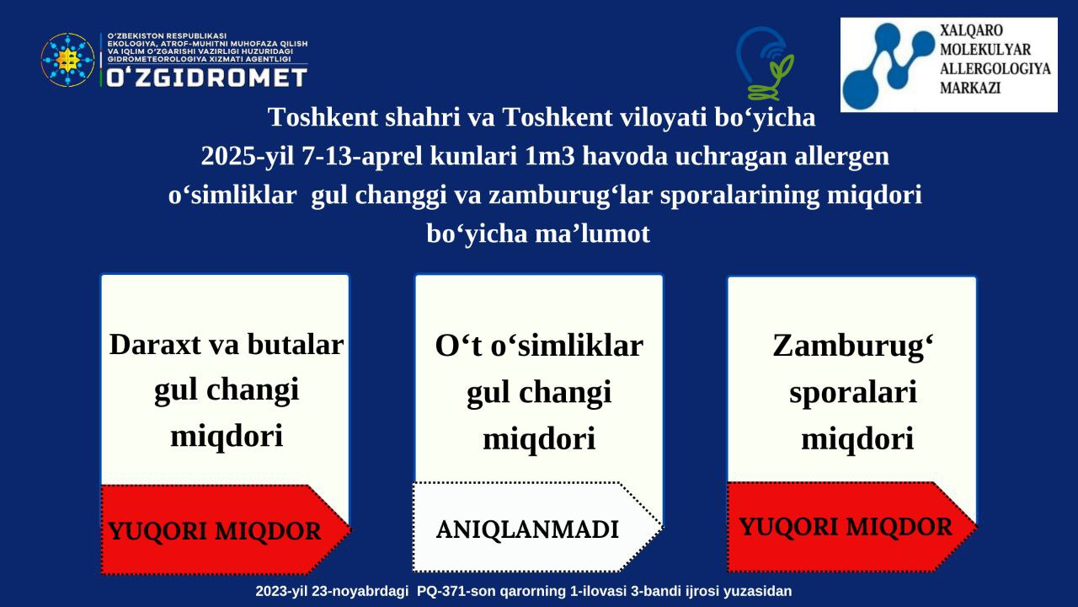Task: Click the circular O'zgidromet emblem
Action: pyautogui.click(x=67, y=60)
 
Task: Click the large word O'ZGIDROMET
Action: pyautogui.click(x=206, y=78)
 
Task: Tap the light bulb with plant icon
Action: pyautogui.click(x=764, y=63)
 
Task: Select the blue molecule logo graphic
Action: pyautogui.click(x=889, y=59)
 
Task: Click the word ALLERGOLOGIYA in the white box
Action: pyautogui.click(x=995, y=69)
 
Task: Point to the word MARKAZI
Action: pyautogui.click(x=970, y=89)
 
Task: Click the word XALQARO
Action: pyautogui.click(x=972, y=30)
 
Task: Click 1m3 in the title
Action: pyautogui.click(x=550, y=156)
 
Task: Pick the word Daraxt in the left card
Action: pyautogui.click(x=156, y=345)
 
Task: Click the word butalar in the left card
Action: pyautogui.click(x=296, y=345)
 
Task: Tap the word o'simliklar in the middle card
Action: pyautogui.click(x=567, y=346)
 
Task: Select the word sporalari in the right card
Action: pyautogui.click(x=853, y=392)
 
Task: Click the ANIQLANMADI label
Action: pyautogui.click(x=527, y=529)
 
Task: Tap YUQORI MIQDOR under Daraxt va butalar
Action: pyautogui.click(x=215, y=531)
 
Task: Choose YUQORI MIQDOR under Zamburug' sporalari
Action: pyautogui.click(x=846, y=527)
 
